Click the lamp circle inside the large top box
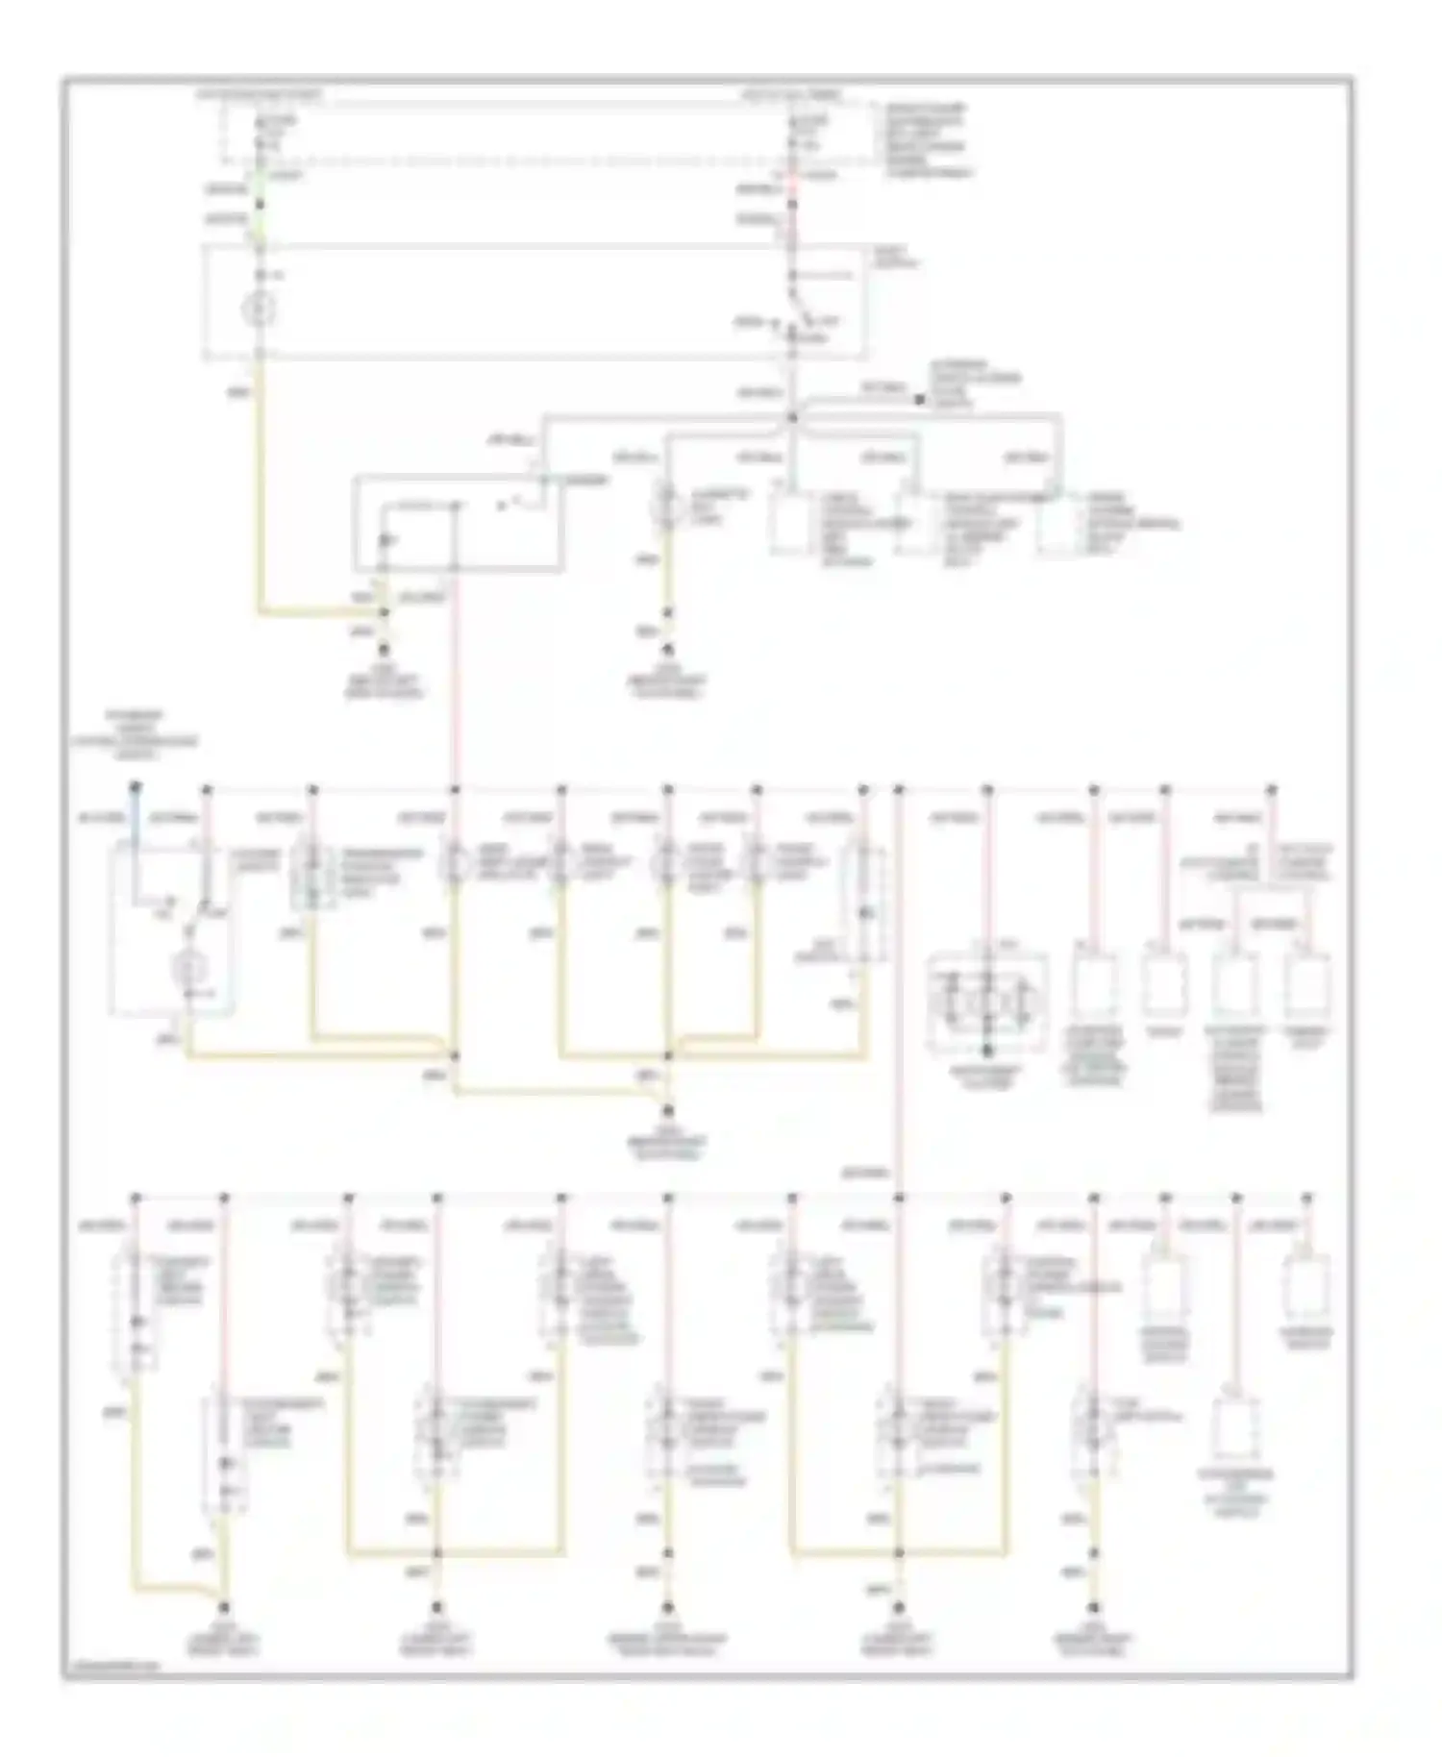point(260,309)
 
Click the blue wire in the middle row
point(137,836)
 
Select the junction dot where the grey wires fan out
point(792,417)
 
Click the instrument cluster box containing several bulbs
point(987,1002)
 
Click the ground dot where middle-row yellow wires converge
point(667,1111)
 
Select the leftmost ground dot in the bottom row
point(225,1606)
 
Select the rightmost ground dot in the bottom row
point(1094,1606)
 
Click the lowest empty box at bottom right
point(1235,1429)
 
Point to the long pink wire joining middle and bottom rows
point(899,990)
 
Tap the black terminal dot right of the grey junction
point(919,398)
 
